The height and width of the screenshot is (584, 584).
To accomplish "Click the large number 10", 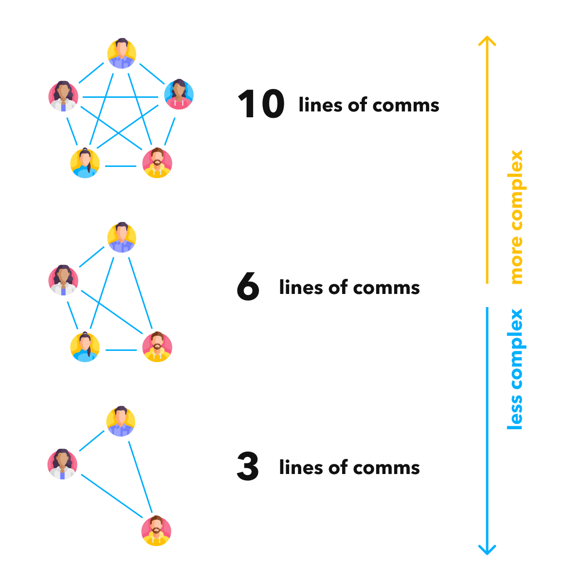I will tap(261, 105).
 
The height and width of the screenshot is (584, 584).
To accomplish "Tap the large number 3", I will tap(248, 467).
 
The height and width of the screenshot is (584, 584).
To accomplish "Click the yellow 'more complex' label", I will tap(515, 217).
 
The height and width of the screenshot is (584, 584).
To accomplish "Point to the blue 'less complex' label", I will tap(515, 369).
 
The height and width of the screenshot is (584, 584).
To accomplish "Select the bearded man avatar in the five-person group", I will tap(157, 163).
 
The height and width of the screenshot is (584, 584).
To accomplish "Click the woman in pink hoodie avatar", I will tap(179, 94).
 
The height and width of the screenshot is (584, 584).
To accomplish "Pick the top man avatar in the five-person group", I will tap(122, 54).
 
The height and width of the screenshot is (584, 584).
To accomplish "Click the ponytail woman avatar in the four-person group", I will tap(85, 347).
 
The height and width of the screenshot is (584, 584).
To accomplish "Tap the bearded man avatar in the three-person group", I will tap(156, 530).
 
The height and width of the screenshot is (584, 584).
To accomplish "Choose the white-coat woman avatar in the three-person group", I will tap(62, 464).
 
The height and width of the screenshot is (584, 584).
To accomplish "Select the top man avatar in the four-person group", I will tap(122, 237).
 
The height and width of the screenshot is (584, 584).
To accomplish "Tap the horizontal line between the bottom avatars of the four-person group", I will tap(121, 349).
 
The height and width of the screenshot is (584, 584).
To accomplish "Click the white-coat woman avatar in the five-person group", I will tap(63, 96).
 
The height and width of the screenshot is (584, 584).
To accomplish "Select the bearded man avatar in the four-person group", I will tap(157, 347).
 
